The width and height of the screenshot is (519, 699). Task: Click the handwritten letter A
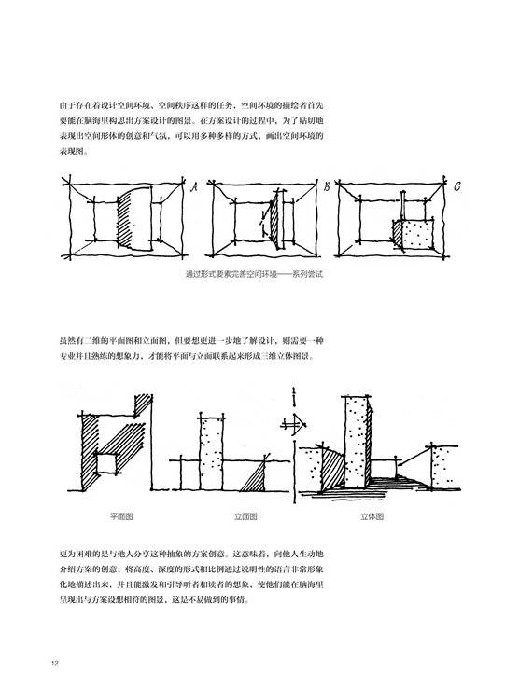pos(194,187)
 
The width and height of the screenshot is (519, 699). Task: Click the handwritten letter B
pos(327,186)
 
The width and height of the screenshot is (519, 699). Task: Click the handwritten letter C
pos(456,185)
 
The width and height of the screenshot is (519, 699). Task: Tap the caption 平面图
pos(121,516)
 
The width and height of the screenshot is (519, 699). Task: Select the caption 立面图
pos(245,516)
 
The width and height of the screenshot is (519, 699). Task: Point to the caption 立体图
pos(372,516)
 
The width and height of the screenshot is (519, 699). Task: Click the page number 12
pos(55,663)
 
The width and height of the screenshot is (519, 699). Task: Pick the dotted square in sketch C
pos(418,235)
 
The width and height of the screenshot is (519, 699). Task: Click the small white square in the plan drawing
pos(107,463)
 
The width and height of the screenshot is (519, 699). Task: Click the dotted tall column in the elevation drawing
pos(211,453)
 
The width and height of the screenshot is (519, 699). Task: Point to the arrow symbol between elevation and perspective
pos(294,423)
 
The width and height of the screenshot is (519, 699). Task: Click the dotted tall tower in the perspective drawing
pos(357,442)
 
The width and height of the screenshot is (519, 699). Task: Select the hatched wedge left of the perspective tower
pos(332,466)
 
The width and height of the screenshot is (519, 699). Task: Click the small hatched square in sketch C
pos(398,231)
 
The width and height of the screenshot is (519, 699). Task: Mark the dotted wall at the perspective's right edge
pos(446,466)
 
